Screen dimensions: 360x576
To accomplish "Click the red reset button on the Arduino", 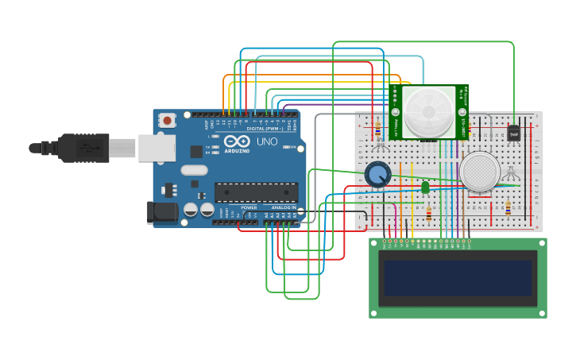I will tap(168, 121).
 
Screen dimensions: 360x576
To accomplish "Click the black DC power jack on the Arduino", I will tap(162, 211).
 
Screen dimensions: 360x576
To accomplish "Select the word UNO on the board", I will tap(267, 141).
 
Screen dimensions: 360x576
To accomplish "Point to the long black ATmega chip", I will tap(256, 192).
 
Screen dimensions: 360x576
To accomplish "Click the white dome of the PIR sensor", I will tap(427, 110).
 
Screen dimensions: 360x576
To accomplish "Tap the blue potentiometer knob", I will tap(378, 174).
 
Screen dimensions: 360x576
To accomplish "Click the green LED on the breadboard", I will tap(425, 187).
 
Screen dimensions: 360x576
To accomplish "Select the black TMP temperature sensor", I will tap(513, 134).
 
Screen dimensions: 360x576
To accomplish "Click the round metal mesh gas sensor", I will tap(480, 172).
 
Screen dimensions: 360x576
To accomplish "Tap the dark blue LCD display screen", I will tap(458, 277).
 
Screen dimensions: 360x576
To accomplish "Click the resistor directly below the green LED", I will tap(430, 212).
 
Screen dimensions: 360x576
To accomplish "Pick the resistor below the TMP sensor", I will tap(508, 208).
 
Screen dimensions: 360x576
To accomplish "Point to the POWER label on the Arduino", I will tap(249, 207).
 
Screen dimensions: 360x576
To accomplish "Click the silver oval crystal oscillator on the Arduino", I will tap(194, 169).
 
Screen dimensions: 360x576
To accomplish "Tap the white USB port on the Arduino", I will tap(157, 148).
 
